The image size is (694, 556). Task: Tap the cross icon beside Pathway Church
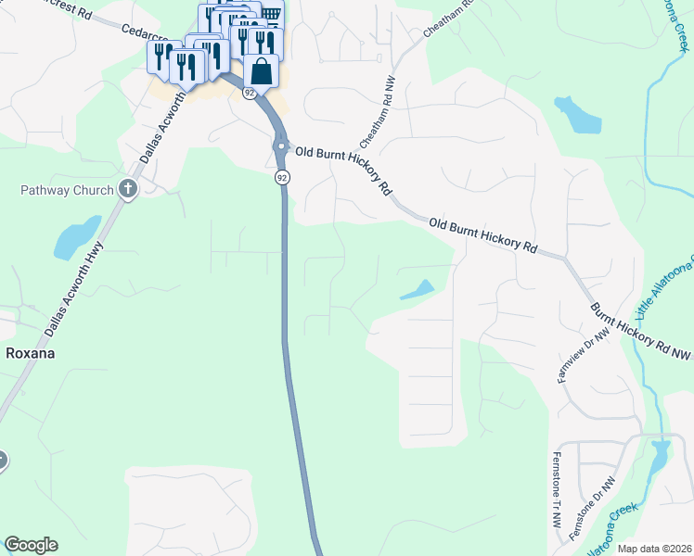(128, 190)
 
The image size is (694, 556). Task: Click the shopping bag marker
(262, 72)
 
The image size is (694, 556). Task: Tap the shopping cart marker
(272, 13)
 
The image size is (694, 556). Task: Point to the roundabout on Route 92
(279, 146)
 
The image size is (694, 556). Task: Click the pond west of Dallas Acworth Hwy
(76, 238)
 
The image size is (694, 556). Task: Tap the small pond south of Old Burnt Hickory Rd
(418, 290)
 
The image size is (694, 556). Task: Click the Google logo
(31, 545)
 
